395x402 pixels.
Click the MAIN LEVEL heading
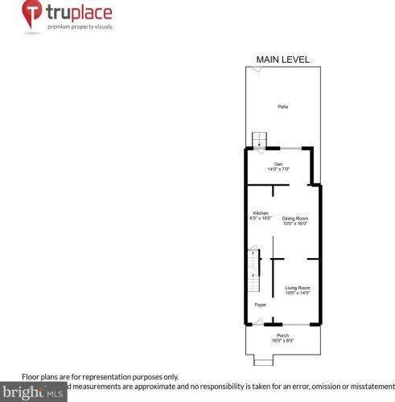point(282,59)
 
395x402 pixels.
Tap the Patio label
point(283,107)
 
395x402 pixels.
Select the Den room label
point(278,164)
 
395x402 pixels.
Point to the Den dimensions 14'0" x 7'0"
point(278,169)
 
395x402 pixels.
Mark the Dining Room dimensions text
point(295,224)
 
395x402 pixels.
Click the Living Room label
point(298,287)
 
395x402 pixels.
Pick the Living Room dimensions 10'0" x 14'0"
point(298,293)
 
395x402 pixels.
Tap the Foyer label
point(260,306)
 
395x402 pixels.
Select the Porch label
point(282,335)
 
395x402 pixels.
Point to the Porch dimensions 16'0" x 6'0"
point(282,341)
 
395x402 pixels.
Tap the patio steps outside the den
point(259,140)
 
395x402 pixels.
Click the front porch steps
point(262,359)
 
